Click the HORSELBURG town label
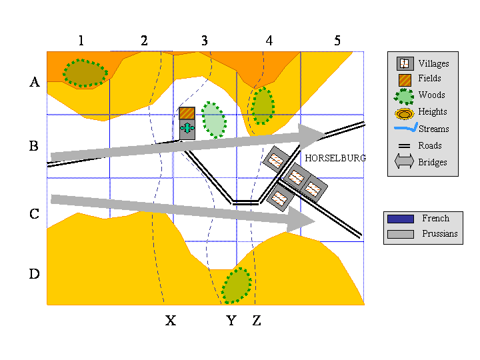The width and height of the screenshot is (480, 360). (x=335, y=158)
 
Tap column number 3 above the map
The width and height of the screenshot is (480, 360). (x=205, y=41)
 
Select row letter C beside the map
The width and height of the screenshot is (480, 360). (x=34, y=214)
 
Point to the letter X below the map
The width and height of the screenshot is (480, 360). (x=171, y=321)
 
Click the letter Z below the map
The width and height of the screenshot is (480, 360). (x=257, y=321)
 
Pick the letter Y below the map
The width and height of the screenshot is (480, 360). (x=231, y=321)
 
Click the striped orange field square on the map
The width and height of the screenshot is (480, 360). (x=187, y=113)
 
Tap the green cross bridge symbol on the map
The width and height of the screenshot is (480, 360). (x=187, y=128)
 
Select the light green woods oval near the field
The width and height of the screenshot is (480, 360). (x=214, y=120)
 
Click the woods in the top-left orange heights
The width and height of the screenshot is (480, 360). (x=85, y=73)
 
